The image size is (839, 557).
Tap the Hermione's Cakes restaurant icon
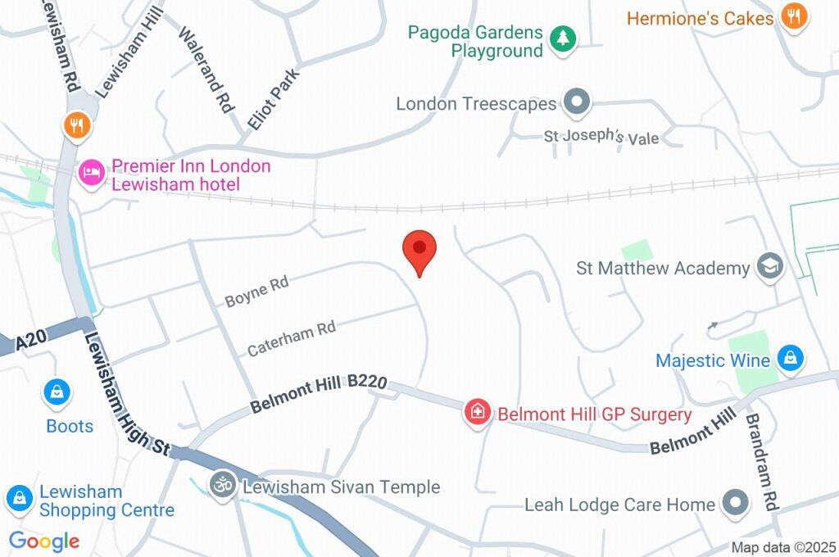[x=793, y=16]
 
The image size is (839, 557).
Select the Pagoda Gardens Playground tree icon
[x=562, y=38]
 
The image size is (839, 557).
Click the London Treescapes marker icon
[x=578, y=103]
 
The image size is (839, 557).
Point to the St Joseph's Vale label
[x=601, y=138]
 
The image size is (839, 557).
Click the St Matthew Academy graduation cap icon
[x=770, y=267]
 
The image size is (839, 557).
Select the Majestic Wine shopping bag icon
[x=791, y=359]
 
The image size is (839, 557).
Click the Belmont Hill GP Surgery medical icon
[x=477, y=412]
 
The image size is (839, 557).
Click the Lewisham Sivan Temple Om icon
[x=222, y=485]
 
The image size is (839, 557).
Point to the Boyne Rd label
[x=256, y=292]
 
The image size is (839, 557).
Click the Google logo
[x=44, y=541]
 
